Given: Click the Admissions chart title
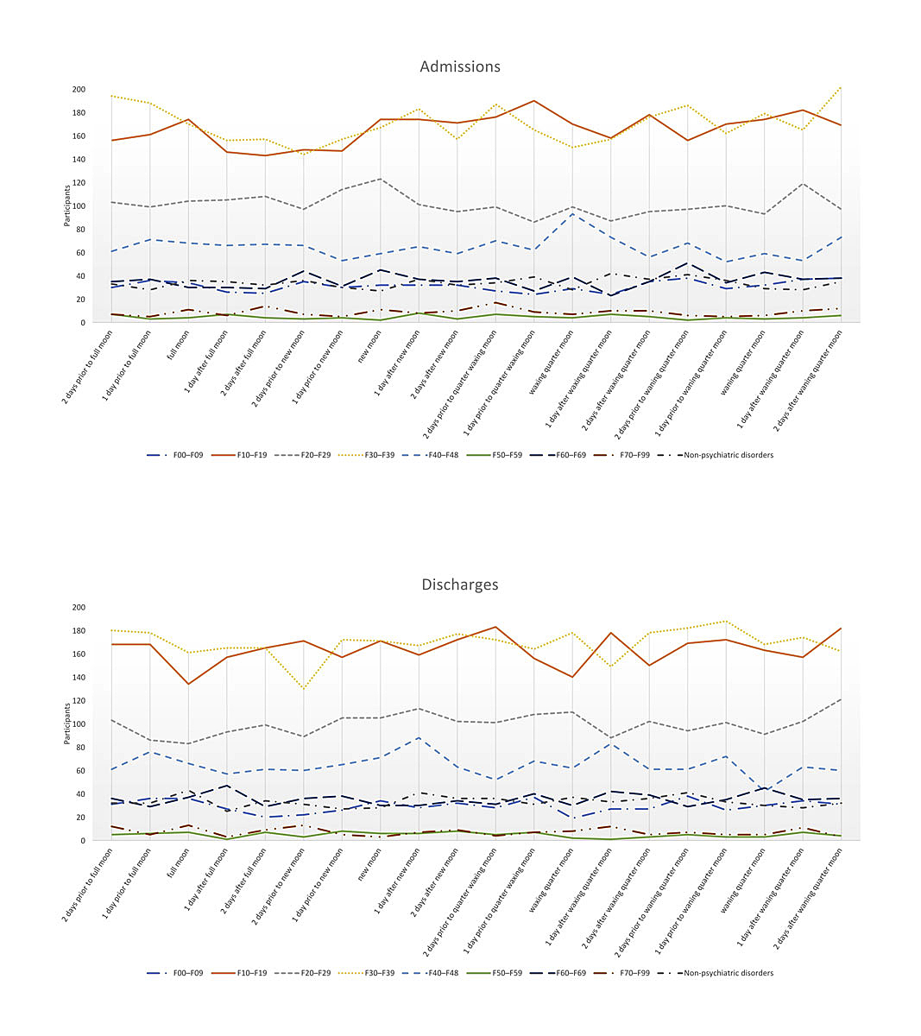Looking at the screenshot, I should [459, 66].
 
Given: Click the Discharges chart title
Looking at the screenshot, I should [459, 584].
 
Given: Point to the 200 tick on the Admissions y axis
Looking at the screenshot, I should [79, 90].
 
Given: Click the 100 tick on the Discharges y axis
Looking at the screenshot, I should [79, 724].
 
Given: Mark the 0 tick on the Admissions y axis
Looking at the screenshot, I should [82, 323].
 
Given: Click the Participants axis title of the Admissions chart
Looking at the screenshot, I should [66, 206].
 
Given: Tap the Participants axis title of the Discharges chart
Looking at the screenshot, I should [66, 724].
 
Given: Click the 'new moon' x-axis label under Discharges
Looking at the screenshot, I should [367, 868].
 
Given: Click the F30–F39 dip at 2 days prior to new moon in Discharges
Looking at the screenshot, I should [304, 689].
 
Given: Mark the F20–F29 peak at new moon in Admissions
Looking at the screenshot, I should [381, 179].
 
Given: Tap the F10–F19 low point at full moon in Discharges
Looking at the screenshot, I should [188, 684].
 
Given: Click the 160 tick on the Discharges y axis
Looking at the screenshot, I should [79, 654].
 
